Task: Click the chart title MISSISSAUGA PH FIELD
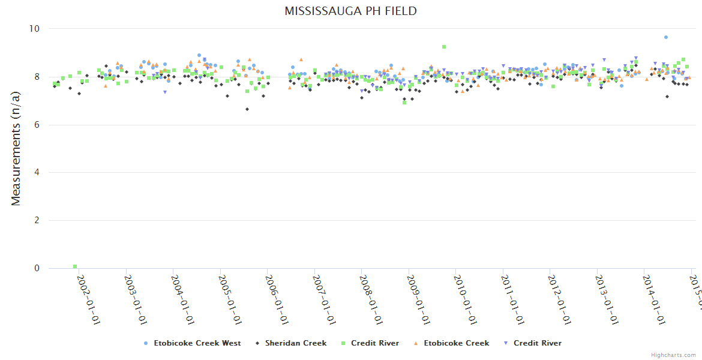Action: click(350, 11)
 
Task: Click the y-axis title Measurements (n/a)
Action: click(16, 148)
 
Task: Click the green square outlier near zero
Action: click(75, 266)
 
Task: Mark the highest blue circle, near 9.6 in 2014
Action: click(666, 37)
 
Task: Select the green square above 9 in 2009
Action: click(444, 47)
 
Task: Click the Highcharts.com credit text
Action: click(674, 355)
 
